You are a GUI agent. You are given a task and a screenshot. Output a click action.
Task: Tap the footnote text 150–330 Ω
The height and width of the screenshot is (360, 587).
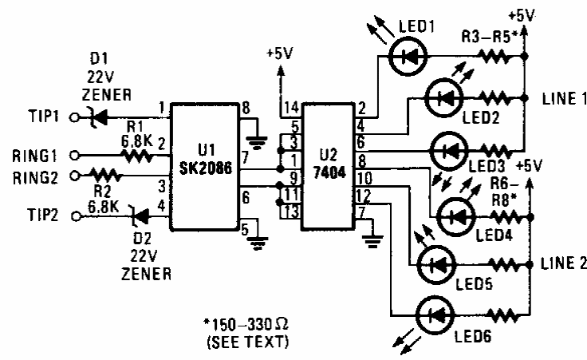pos(248,326)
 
